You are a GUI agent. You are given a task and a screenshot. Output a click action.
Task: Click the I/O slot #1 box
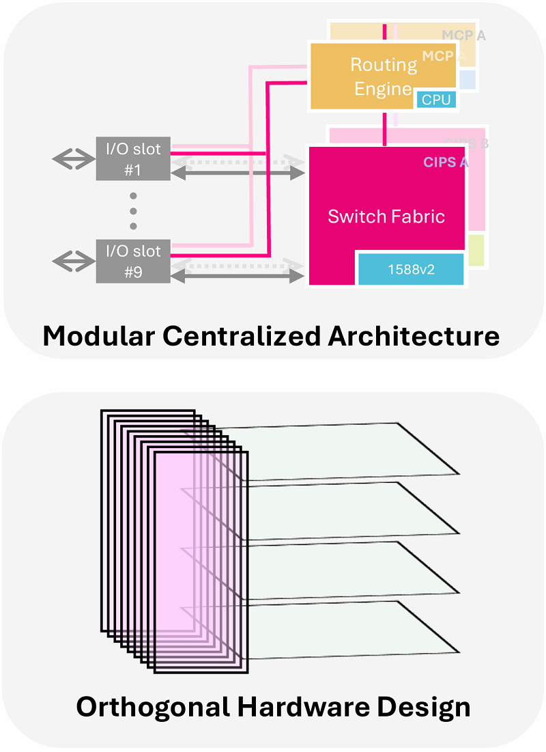tap(133, 158)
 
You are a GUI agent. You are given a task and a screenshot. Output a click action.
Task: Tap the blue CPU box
tap(436, 100)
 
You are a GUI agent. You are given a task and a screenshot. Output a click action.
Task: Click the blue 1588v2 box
tap(411, 269)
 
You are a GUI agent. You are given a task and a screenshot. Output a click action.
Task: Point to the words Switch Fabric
tap(386, 217)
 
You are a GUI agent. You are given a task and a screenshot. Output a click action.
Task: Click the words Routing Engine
tap(383, 76)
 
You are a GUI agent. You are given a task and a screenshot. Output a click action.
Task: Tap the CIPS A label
tap(446, 162)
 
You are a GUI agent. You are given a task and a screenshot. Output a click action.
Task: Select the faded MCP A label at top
tap(463, 36)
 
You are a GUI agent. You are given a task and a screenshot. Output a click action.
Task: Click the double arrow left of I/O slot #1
tap(74, 159)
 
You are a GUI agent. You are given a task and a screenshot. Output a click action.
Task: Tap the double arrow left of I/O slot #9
tap(74, 260)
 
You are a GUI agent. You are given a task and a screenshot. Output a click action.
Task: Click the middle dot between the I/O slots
tap(133, 210)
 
